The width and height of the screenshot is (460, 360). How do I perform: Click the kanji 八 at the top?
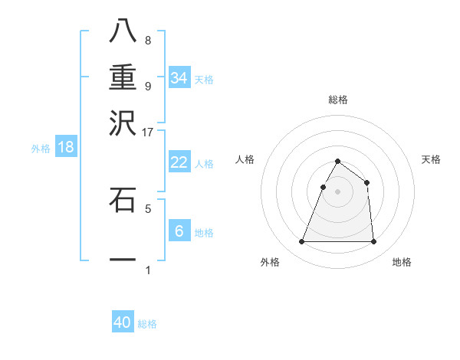123,31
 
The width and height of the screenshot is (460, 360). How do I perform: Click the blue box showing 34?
179,79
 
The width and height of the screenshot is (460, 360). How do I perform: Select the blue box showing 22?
179,162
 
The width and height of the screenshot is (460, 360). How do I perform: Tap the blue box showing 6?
179,231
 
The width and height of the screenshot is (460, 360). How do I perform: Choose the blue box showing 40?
123,322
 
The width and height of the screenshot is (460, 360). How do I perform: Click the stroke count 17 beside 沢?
148,132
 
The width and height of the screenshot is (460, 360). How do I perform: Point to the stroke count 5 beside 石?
148,208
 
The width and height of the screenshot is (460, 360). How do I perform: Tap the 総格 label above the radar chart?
337,100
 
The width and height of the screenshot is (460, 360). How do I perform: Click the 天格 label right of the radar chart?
432,159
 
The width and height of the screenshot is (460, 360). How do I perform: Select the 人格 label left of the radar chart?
245,159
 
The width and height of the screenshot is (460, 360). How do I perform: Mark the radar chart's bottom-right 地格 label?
402,262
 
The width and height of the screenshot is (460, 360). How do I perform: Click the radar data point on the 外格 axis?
301,242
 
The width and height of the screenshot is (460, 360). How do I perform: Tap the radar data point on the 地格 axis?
373,242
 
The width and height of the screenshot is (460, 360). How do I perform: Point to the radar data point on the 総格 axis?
337,161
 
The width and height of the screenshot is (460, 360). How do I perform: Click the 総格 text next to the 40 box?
147,324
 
